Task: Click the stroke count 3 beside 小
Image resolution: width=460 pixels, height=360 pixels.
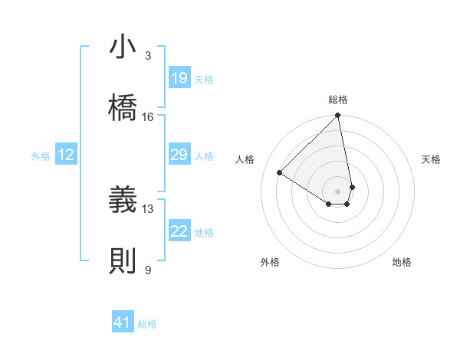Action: (x=147, y=56)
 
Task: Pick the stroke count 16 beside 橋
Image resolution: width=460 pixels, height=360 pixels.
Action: (x=148, y=116)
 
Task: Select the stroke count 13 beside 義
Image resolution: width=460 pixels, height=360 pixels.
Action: (x=148, y=208)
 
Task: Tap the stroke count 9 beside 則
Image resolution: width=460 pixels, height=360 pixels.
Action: (x=147, y=270)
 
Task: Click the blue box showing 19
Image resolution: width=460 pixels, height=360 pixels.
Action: (x=179, y=78)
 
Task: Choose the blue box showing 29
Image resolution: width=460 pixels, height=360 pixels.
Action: (x=179, y=155)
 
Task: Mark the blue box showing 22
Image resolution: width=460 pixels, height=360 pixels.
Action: (x=179, y=231)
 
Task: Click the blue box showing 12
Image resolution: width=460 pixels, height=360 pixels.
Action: (x=66, y=155)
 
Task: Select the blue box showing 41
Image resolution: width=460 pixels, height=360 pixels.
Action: (x=123, y=322)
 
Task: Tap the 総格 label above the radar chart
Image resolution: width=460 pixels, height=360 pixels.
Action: (x=338, y=100)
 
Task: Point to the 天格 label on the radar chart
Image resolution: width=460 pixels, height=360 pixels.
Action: (x=431, y=159)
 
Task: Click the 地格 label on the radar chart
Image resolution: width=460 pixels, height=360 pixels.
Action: (x=402, y=262)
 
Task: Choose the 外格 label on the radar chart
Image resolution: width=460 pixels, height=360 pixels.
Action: (x=270, y=262)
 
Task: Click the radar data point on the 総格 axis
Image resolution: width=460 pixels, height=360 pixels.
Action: (x=338, y=116)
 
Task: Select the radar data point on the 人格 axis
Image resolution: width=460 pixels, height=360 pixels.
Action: (x=280, y=173)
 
